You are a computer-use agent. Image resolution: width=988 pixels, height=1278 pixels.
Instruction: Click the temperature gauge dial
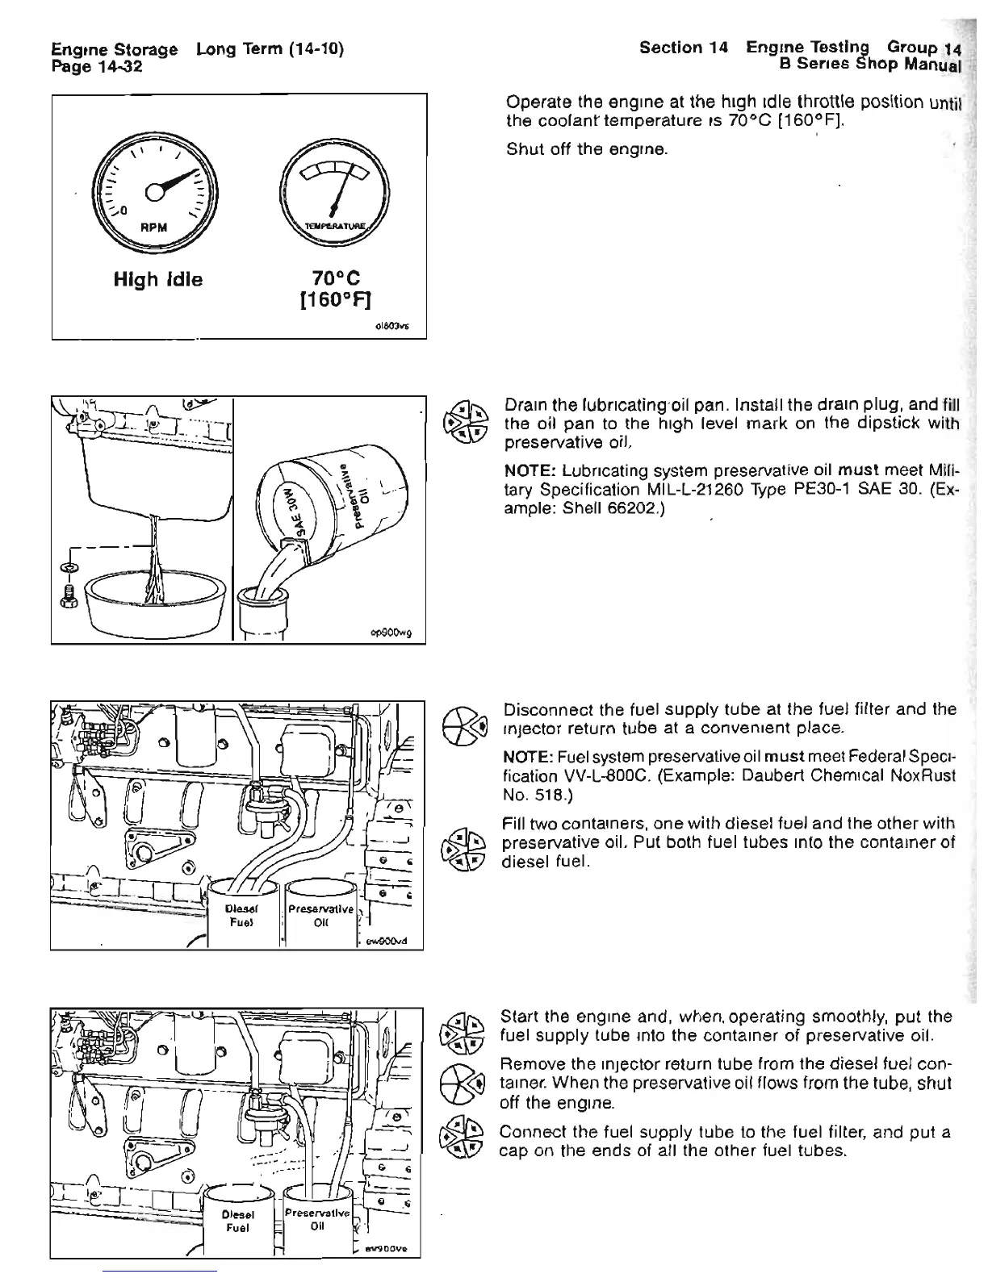tap(334, 191)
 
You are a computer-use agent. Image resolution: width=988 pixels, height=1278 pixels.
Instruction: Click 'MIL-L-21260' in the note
tap(668, 490)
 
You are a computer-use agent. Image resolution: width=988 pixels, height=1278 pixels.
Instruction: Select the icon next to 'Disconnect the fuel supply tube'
tap(467, 719)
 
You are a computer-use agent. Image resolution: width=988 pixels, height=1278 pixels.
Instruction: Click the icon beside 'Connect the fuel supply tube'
tap(467, 1139)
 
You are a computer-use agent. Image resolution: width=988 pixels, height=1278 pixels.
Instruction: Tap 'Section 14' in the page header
tap(683, 48)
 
